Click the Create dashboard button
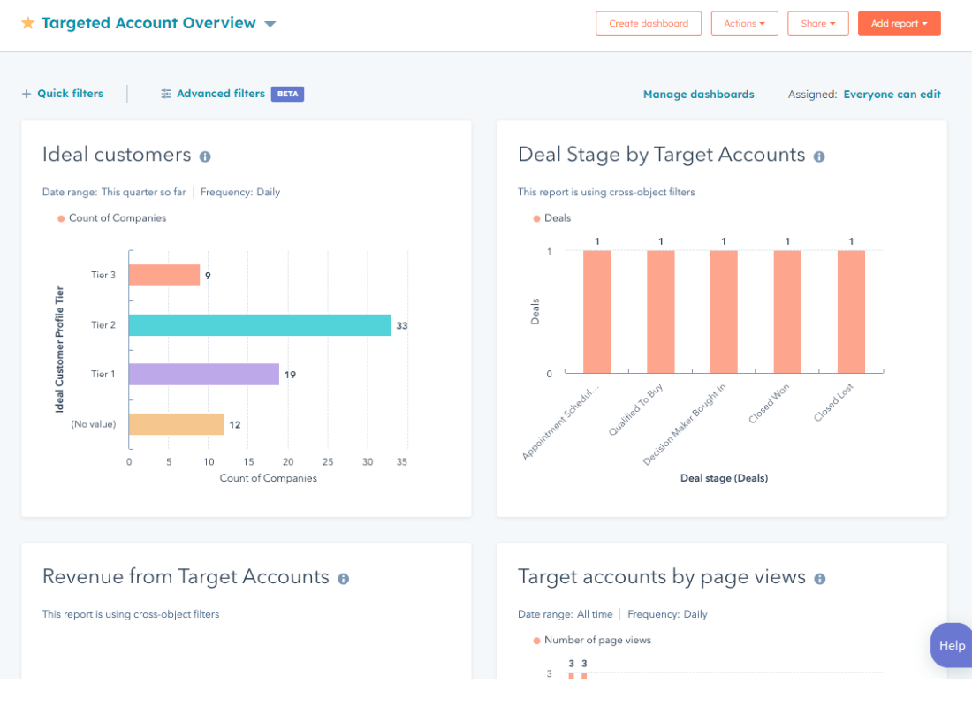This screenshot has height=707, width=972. pyautogui.click(x=649, y=24)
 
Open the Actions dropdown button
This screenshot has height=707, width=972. pyautogui.click(x=744, y=24)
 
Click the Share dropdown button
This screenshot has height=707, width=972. pyautogui.click(x=817, y=24)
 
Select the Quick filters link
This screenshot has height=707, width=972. pyautogui.click(x=63, y=94)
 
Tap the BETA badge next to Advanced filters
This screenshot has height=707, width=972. pyautogui.click(x=287, y=94)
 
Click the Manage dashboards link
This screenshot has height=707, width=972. pyautogui.click(x=698, y=95)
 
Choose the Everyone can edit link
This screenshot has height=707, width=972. pyautogui.click(x=892, y=95)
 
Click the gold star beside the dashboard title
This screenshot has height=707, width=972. pyautogui.click(x=28, y=23)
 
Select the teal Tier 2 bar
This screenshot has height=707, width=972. pyautogui.click(x=260, y=325)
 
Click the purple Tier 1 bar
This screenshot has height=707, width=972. pyautogui.click(x=204, y=375)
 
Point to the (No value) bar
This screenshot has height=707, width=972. pyautogui.click(x=176, y=424)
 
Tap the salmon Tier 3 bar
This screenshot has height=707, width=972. pyautogui.click(x=164, y=276)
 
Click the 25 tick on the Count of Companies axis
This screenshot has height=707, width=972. pyautogui.click(x=328, y=462)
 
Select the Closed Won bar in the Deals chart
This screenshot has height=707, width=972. pyautogui.click(x=787, y=311)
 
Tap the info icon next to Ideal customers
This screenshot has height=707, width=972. pyautogui.click(x=205, y=156)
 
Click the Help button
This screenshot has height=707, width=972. pyautogui.click(x=951, y=645)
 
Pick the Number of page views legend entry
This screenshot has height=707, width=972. pyautogui.click(x=596, y=641)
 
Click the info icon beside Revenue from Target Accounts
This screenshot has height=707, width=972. pyautogui.click(x=343, y=579)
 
